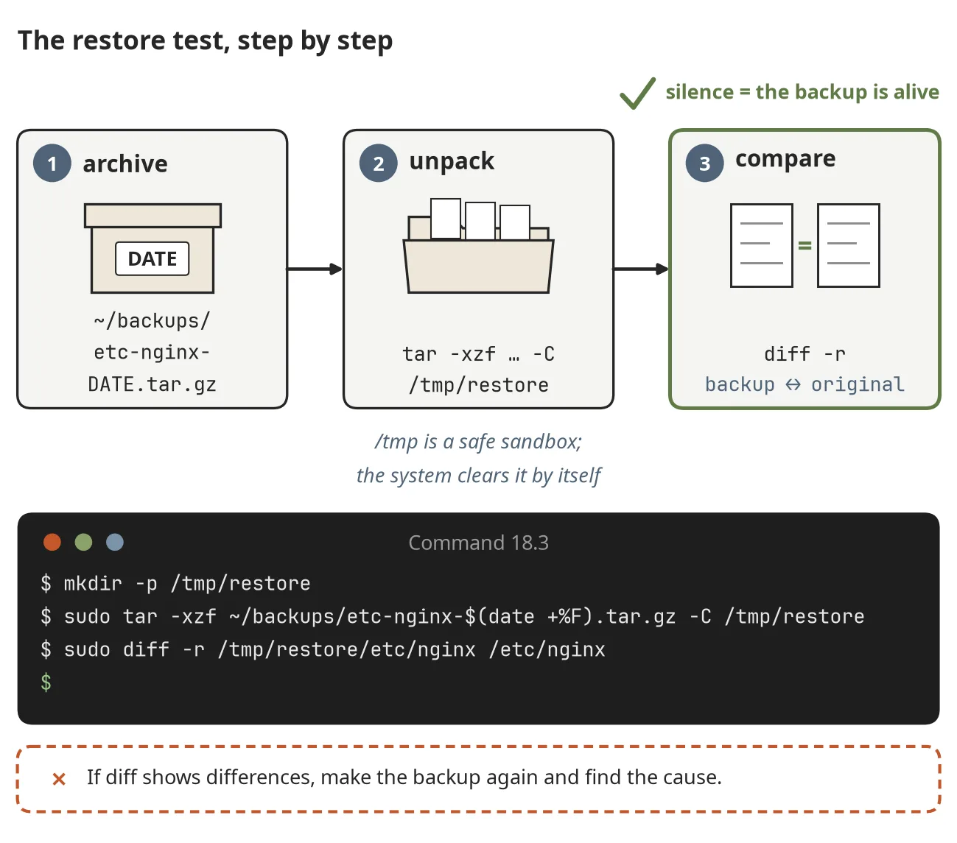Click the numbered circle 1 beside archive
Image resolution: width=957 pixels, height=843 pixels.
52,163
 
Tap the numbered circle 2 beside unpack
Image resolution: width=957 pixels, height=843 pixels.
379,163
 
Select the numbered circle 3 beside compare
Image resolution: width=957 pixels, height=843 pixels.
705,163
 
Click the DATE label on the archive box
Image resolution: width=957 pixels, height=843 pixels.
152,258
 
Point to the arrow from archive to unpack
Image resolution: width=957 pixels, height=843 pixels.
315,269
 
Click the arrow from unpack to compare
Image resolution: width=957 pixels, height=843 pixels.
641,269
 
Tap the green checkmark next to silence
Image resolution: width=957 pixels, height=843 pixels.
638,93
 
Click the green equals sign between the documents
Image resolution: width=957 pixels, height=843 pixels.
805,245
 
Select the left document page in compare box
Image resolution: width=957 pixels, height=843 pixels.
762,245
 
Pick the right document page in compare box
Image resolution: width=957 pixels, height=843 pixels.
849,245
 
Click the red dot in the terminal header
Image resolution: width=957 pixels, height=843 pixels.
52,542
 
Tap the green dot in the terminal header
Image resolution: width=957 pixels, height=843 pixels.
83,542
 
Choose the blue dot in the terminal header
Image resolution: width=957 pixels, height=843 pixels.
115,542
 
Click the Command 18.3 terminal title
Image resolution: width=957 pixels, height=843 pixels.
479,543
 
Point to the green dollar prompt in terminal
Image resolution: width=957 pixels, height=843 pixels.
46,682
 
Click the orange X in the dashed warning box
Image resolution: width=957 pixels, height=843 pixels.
59,779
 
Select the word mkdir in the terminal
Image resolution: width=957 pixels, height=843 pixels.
93,584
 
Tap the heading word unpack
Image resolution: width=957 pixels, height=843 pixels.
452,162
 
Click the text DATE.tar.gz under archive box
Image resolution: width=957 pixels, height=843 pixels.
152,384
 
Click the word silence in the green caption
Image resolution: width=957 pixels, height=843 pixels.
700,92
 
